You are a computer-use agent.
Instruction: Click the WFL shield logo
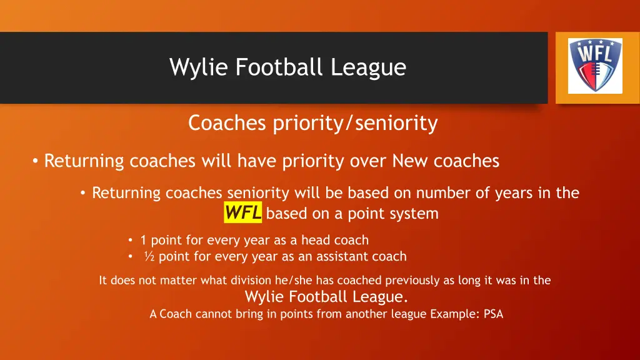click(594, 66)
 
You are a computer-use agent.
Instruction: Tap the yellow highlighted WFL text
click(243, 213)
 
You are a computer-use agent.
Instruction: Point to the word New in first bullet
click(409, 161)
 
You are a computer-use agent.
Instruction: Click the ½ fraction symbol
click(149, 256)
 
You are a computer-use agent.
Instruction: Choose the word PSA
click(493, 314)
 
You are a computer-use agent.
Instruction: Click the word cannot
click(213, 314)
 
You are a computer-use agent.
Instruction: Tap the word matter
click(177, 281)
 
